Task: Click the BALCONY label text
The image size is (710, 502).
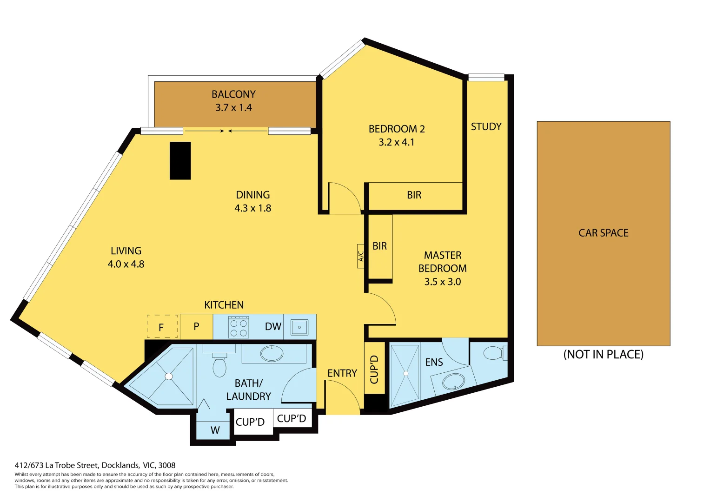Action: click(x=233, y=94)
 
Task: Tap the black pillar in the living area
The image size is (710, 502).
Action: click(x=180, y=161)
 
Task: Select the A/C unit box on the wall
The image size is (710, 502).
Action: click(x=360, y=256)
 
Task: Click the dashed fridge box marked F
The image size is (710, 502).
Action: click(x=162, y=326)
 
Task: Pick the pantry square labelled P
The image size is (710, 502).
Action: click(x=196, y=326)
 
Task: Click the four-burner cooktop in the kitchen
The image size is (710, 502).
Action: click(x=239, y=327)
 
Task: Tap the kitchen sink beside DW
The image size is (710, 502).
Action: click(x=299, y=327)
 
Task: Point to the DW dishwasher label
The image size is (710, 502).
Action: click(x=273, y=326)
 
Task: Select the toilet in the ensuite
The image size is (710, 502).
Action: click(x=494, y=353)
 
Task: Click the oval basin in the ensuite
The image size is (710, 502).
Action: click(x=453, y=382)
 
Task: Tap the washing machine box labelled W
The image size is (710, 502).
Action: click(x=214, y=430)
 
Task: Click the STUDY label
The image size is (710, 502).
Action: click(x=486, y=127)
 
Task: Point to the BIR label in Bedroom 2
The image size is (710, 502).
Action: click(x=414, y=195)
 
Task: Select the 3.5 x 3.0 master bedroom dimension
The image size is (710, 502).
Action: click(x=442, y=282)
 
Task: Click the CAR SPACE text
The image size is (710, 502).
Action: click(x=603, y=233)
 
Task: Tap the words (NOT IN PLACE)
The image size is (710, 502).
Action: click(x=603, y=355)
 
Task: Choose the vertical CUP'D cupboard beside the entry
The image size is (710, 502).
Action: click(x=374, y=370)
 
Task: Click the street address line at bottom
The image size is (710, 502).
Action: click(x=95, y=465)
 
